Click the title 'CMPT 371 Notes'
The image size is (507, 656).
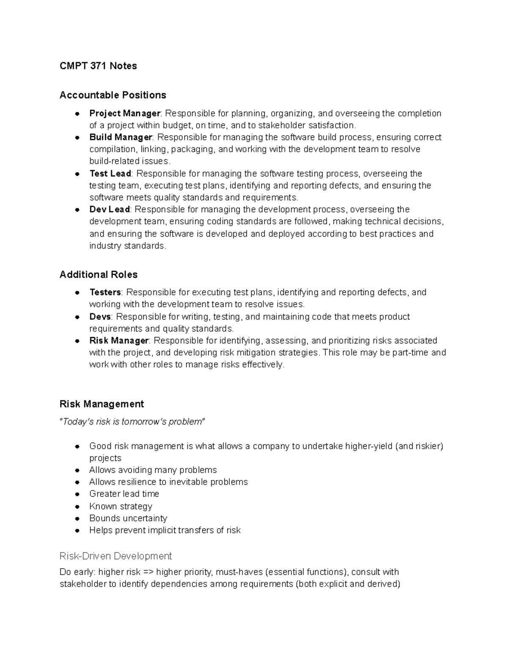pos(98,66)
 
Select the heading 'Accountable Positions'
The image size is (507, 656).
pos(113,95)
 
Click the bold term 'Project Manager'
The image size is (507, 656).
pos(125,113)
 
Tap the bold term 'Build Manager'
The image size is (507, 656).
pos(120,137)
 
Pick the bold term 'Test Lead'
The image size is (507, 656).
pos(110,174)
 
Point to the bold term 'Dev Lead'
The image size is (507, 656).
pos(109,210)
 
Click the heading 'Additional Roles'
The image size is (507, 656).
pos(98,275)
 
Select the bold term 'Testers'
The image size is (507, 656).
pos(105,292)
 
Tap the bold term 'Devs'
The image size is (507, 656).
pos(100,317)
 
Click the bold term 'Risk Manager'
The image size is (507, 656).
pos(119,340)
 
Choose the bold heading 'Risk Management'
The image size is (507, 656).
pos(101,404)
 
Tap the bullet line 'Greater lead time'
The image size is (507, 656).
pos(124,494)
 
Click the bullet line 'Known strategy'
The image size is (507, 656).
pos(120,506)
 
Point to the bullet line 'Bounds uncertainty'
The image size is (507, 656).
pos(128,518)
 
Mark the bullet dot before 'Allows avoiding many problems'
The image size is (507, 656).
pos(77,470)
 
